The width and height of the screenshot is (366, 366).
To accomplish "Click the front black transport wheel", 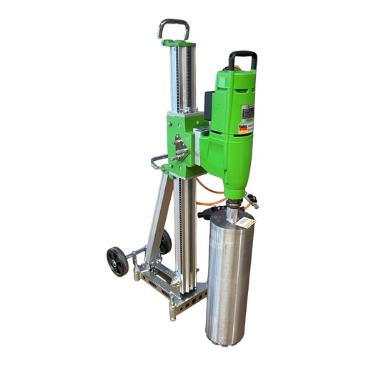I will pyautogui.click(x=117, y=261).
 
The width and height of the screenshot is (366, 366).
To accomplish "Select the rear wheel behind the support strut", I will pyautogui.click(x=166, y=242).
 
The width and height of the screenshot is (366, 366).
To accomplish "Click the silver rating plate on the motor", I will pyautogui.click(x=247, y=114).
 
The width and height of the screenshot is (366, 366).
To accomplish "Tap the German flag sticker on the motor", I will pyautogui.click(x=244, y=129).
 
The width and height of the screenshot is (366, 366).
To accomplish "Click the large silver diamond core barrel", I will pyautogui.click(x=229, y=279).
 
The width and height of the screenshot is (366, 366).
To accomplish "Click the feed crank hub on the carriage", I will pyautogui.click(x=181, y=150).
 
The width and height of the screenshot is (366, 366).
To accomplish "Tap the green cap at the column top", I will pyautogui.click(x=177, y=44).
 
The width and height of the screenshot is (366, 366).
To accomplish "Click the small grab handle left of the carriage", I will pyautogui.click(x=158, y=161).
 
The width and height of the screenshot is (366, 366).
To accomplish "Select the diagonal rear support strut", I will pyautogui.click(x=159, y=214).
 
